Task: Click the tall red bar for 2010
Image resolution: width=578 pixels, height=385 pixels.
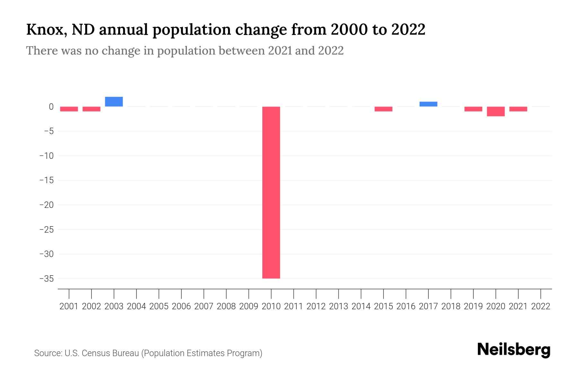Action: pyautogui.click(x=271, y=193)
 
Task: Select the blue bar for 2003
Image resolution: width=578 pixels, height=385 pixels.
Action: pyautogui.click(x=114, y=102)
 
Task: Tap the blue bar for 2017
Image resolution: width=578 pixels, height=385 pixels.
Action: pyautogui.click(x=428, y=104)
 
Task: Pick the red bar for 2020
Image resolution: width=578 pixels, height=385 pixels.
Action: pyautogui.click(x=496, y=111)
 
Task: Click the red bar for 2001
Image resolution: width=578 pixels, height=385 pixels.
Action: pyautogui.click(x=69, y=109)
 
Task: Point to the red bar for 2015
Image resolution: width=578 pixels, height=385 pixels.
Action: pyautogui.click(x=383, y=109)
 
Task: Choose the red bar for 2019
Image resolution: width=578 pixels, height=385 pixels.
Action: pyautogui.click(x=473, y=109)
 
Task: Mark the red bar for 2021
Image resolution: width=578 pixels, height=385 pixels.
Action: pyautogui.click(x=518, y=109)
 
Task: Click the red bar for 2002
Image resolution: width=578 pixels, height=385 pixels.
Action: pyautogui.click(x=92, y=109)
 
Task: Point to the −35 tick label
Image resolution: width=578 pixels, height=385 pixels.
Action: pyautogui.click(x=47, y=278)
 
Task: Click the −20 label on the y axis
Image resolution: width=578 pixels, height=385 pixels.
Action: pyautogui.click(x=47, y=205)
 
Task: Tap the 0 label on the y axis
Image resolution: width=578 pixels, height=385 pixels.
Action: pyautogui.click(x=51, y=107)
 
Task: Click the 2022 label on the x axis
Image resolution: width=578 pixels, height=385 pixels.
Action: pyautogui.click(x=541, y=306)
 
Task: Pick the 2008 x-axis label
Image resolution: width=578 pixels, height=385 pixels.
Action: pyautogui.click(x=226, y=306)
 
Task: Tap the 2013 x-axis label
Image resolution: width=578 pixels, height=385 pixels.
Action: pyautogui.click(x=338, y=306)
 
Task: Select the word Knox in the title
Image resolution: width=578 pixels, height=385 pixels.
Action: pyautogui.click(x=47, y=30)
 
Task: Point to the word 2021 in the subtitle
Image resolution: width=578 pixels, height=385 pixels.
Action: pyautogui.click(x=280, y=51)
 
